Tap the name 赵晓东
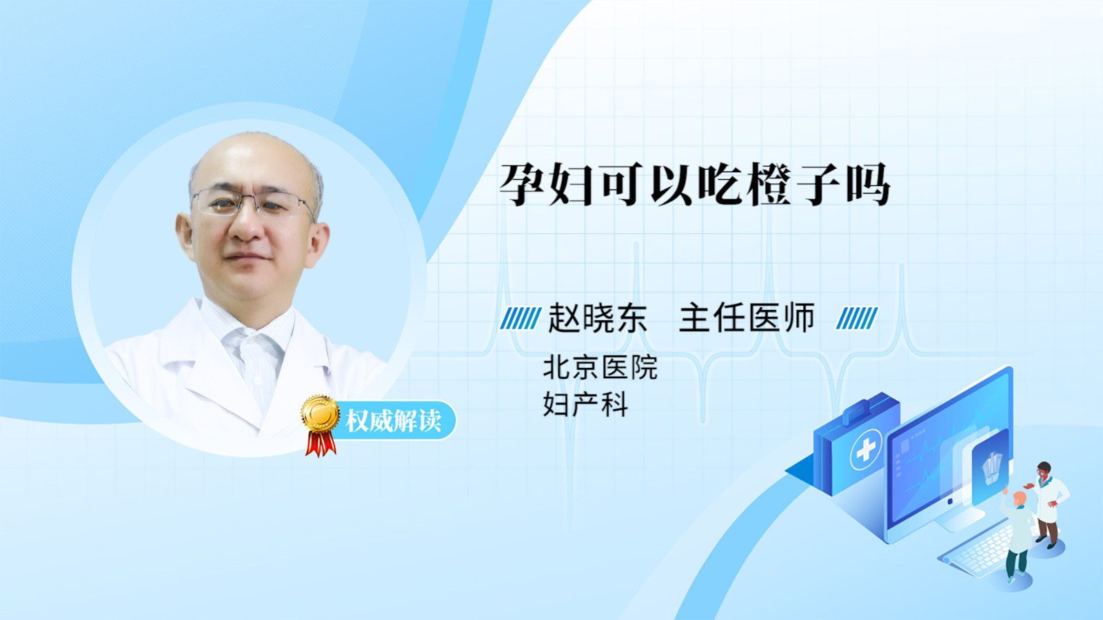(x=597, y=318)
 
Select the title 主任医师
(x=747, y=318)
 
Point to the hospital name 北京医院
(x=600, y=367)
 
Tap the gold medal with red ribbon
(x=321, y=425)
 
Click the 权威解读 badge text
(x=393, y=420)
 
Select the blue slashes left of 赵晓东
(x=520, y=318)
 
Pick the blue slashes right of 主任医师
(x=857, y=318)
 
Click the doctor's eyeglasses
(x=252, y=203)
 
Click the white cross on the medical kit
(x=866, y=448)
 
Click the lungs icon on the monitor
(x=992, y=468)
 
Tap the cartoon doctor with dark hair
(x=1048, y=504)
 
